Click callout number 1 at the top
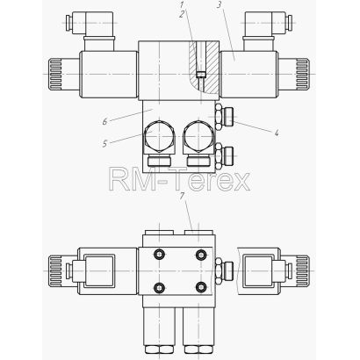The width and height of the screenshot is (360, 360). click(x=182, y=5)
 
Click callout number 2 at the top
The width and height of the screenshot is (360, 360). click(x=182, y=14)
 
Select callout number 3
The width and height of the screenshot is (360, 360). click(x=220, y=5)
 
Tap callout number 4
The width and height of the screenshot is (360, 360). click(x=276, y=133)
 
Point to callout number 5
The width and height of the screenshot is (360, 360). click(x=105, y=144)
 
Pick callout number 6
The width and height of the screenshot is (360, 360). click(x=105, y=121)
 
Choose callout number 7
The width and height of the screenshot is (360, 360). click(x=183, y=196)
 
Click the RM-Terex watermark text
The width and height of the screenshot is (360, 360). click(x=179, y=179)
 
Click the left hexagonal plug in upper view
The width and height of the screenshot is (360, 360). click(x=159, y=137)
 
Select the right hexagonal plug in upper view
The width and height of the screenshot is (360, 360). click(x=198, y=137)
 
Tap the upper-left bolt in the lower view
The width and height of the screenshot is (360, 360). click(x=159, y=255)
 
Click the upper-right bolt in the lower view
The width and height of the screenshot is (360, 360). click(x=201, y=255)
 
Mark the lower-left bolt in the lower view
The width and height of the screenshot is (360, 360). click(x=159, y=287)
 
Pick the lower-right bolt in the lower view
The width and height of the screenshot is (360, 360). click(x=201, y=287)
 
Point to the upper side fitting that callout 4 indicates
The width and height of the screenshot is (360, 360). click(x=224, y=117)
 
